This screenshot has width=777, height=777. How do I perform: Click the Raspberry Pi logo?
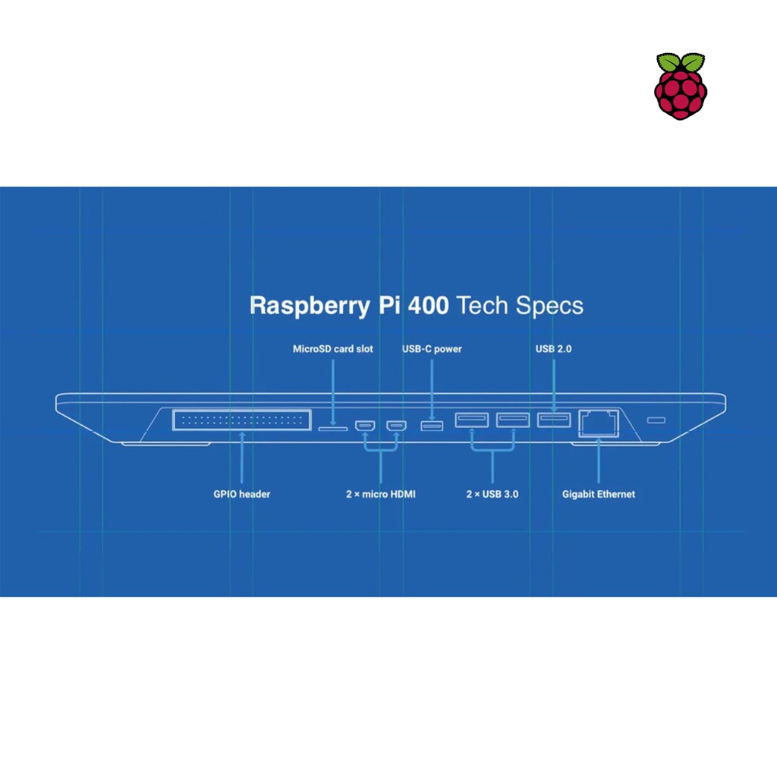click(681, 86)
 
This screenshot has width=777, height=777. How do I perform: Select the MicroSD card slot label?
click(333, 349)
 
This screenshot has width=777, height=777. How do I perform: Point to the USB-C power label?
click(432, 349)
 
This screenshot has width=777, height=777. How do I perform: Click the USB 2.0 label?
click(553, 349)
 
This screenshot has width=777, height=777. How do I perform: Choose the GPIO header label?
click(241, 494)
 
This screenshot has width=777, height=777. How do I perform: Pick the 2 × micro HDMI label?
click(380, 494)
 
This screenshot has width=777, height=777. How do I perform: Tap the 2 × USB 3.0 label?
click(492, 494)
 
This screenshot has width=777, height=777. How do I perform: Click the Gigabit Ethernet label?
click(599, 494)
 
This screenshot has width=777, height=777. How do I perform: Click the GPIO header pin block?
click(241, 420)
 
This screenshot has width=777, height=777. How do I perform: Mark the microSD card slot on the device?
click(332, 428)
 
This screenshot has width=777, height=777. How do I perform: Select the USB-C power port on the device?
click(432, 425)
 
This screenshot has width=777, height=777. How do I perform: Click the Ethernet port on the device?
click(599, 423)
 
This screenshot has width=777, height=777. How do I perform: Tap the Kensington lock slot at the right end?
click(655, 420)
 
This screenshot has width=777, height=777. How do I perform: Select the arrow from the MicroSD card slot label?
click(333, 390)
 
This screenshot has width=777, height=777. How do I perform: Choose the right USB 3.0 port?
click(513, 419)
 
